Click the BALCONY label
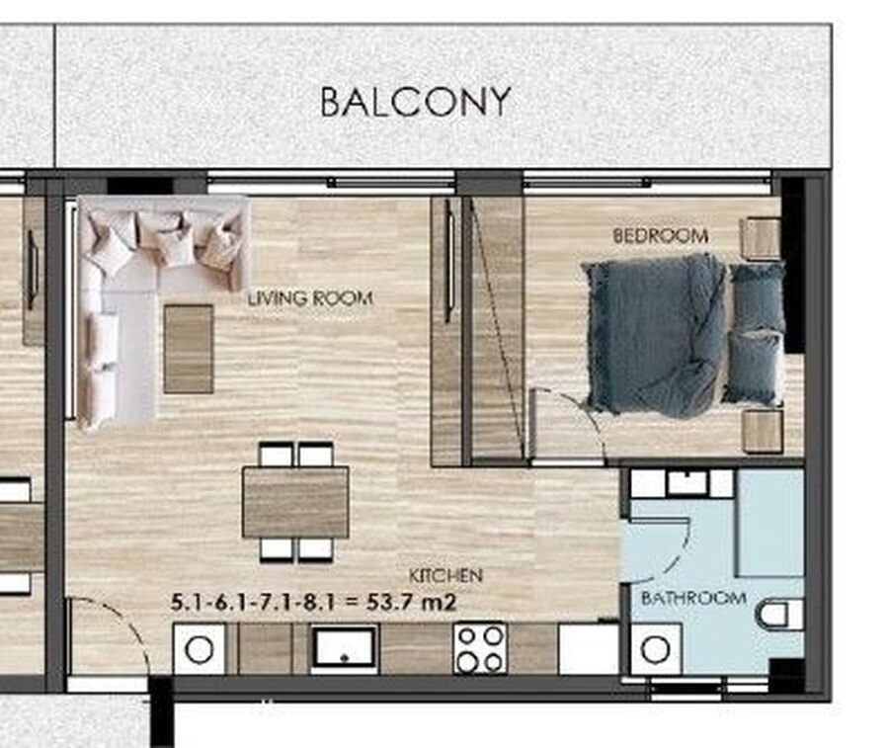pyautogui.click(x=416, y=102)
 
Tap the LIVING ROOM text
pyautogui.click(x=310, y=298)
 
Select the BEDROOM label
pyautogui.click(x=661, y=235)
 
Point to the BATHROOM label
pyautogui.click(x=693, y=598)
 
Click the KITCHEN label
pyautogui.click(x=445, y=576)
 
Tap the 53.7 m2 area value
pyautogui.click(x=411, y=602)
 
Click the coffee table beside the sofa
pyautogui.click(x=189, y=349)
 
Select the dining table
pyautogui.click(x=295, y=502)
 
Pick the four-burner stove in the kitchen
pyautogui.click(x=480, y=648)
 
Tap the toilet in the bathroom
pyautogui.click(x=780, y=616)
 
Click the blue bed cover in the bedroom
pyautogui.click(x=655, y=335)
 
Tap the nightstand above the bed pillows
pyautogui.click(x=761, y=238)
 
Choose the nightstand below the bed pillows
pyautogui.click(x=763, y=432)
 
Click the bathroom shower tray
pyautogui.click(x=769, y=523)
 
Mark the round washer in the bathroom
pyautogui.click(x=656, y=649)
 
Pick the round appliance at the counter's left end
pyautogui.click(x=199, y=649)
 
